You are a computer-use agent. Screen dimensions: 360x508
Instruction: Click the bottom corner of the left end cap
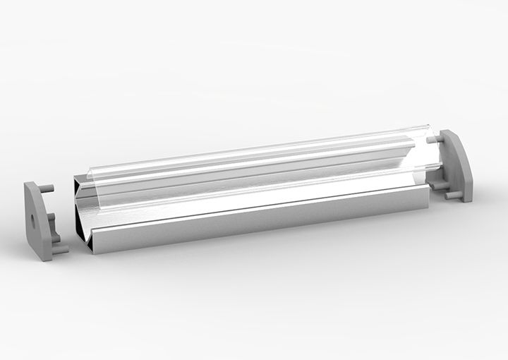point(44,258)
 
